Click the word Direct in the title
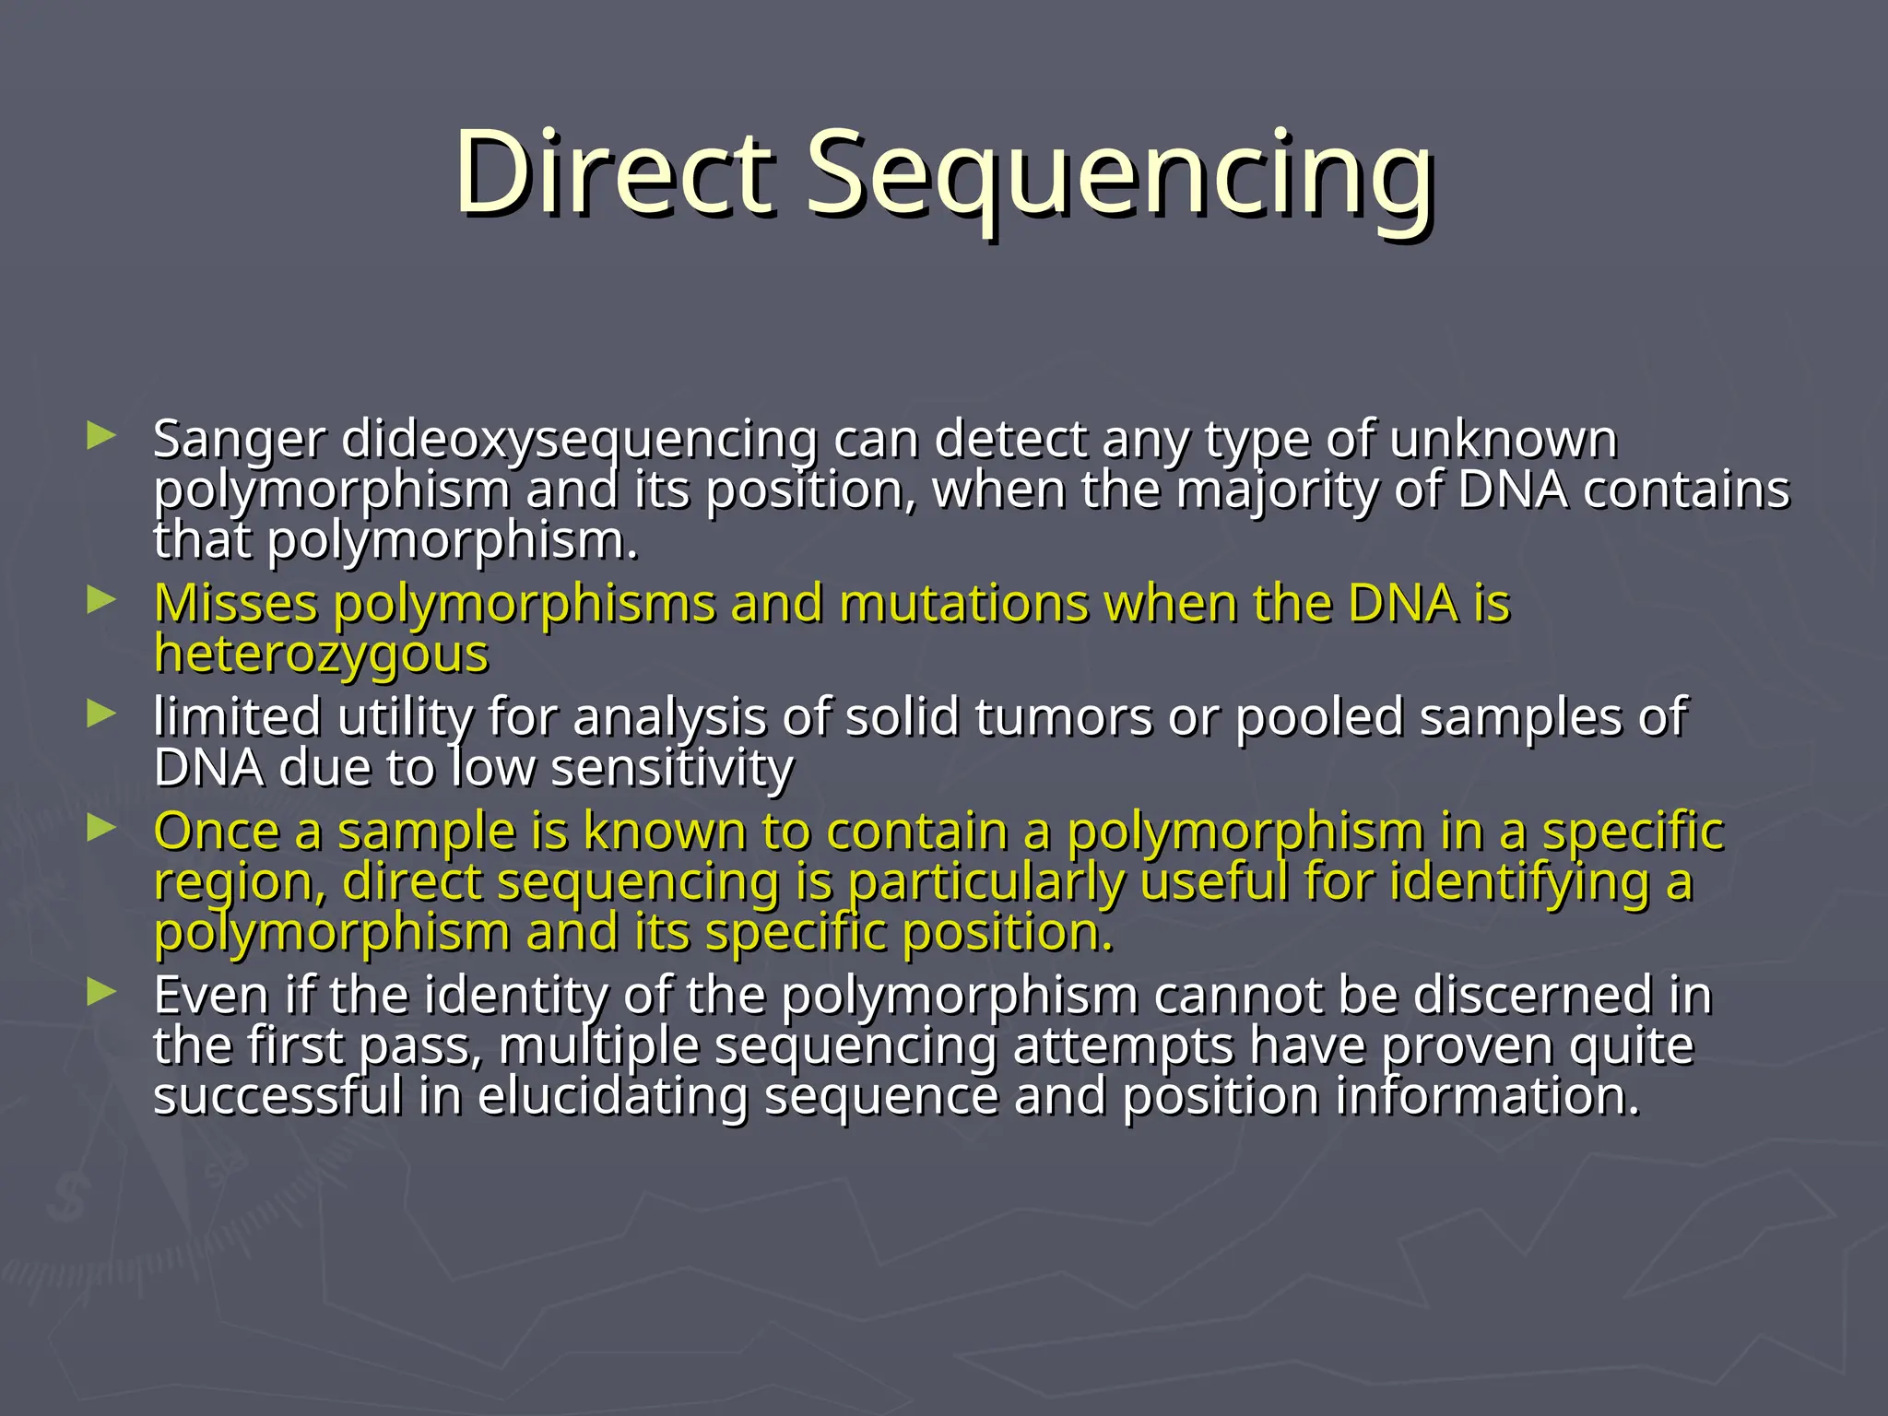point(612,173)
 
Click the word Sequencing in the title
point(1120,175)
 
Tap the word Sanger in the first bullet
point(238,441)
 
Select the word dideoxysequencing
point(579,441)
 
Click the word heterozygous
point(321,655)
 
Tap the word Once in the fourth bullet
point(216,832)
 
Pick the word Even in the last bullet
point(210,996)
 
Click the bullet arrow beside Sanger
point(101,436)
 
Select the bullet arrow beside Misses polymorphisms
point(101,601)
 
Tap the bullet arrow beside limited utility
point(101,714)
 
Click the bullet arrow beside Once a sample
point(101,829)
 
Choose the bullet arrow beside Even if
point(101,993)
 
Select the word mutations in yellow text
point(963,604)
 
